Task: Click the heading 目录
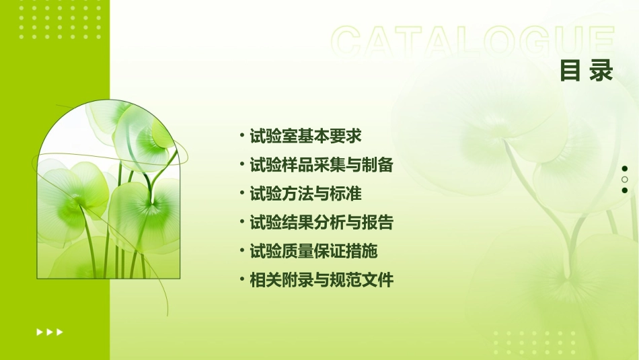(x=587, y=70)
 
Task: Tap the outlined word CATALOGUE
(x=473, y=42)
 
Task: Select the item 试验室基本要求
(x=305, y=136)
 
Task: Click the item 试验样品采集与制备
(x=321, y=165)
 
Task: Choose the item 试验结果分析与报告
(x=321, y=223)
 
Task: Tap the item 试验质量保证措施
(x=313, y=252)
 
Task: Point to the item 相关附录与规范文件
(x=321, y=281)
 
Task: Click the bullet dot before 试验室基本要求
(x=242, y=135)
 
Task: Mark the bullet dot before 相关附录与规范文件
(x=242, y=280)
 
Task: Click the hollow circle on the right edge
(x=625, y=179)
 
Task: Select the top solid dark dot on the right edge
(x=625, y=168)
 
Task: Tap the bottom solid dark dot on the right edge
(x=625, y=190)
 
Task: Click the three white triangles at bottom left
(x=50, y=332)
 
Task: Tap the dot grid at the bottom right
(x=534, y=342)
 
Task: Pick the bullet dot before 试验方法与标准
(x=242, y=193)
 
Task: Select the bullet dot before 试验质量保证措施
(x=242, y=251)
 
